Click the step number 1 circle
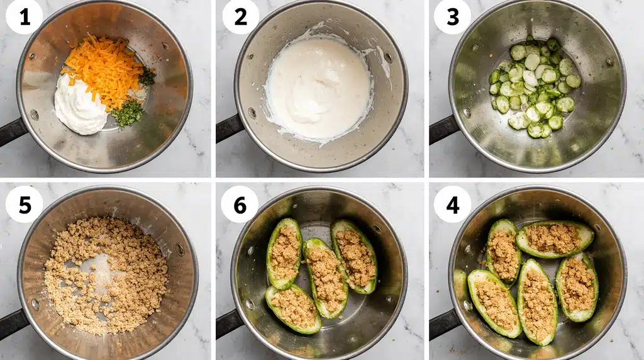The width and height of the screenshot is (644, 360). pos(25,17)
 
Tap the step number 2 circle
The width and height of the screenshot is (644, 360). pos(240,17)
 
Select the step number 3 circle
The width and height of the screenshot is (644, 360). pos(452,17)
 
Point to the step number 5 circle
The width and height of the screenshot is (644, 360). pos(25,204)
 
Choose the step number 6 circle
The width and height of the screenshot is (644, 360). pos(240,204)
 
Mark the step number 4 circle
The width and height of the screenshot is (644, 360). pos(452,204)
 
